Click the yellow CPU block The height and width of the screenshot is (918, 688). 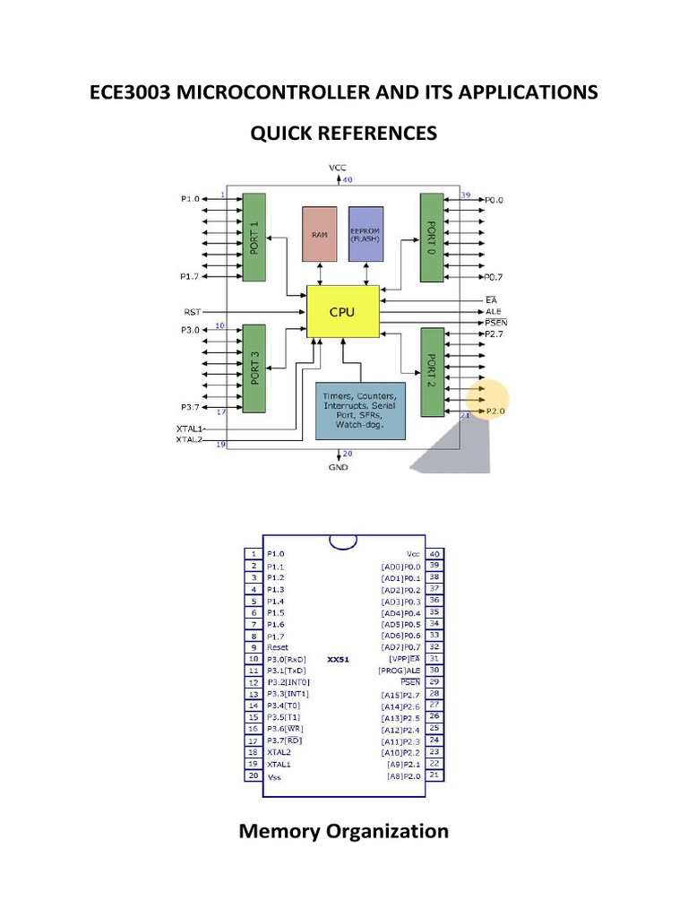343,313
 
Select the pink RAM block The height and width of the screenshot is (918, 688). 319,233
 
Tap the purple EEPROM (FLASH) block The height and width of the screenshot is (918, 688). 365,233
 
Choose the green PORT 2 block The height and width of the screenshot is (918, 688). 433,372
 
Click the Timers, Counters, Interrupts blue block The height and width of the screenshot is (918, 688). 360,411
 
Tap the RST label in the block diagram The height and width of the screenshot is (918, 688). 193,312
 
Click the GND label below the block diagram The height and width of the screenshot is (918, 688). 339,467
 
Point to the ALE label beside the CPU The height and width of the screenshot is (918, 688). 492,311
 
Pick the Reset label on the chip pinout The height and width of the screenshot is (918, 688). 279,646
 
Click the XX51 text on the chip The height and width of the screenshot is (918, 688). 338,659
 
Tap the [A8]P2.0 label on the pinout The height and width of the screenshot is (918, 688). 403,776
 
